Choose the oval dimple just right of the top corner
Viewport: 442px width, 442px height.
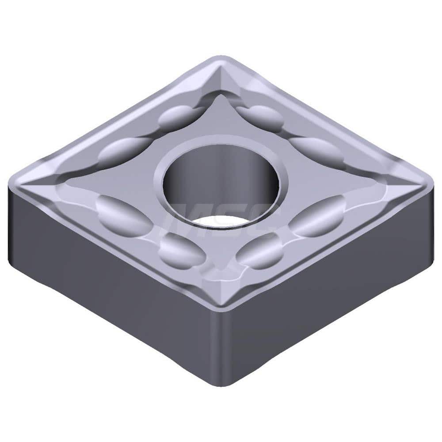coord(261,117)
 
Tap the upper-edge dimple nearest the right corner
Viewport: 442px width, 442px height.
coord(316,150)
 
